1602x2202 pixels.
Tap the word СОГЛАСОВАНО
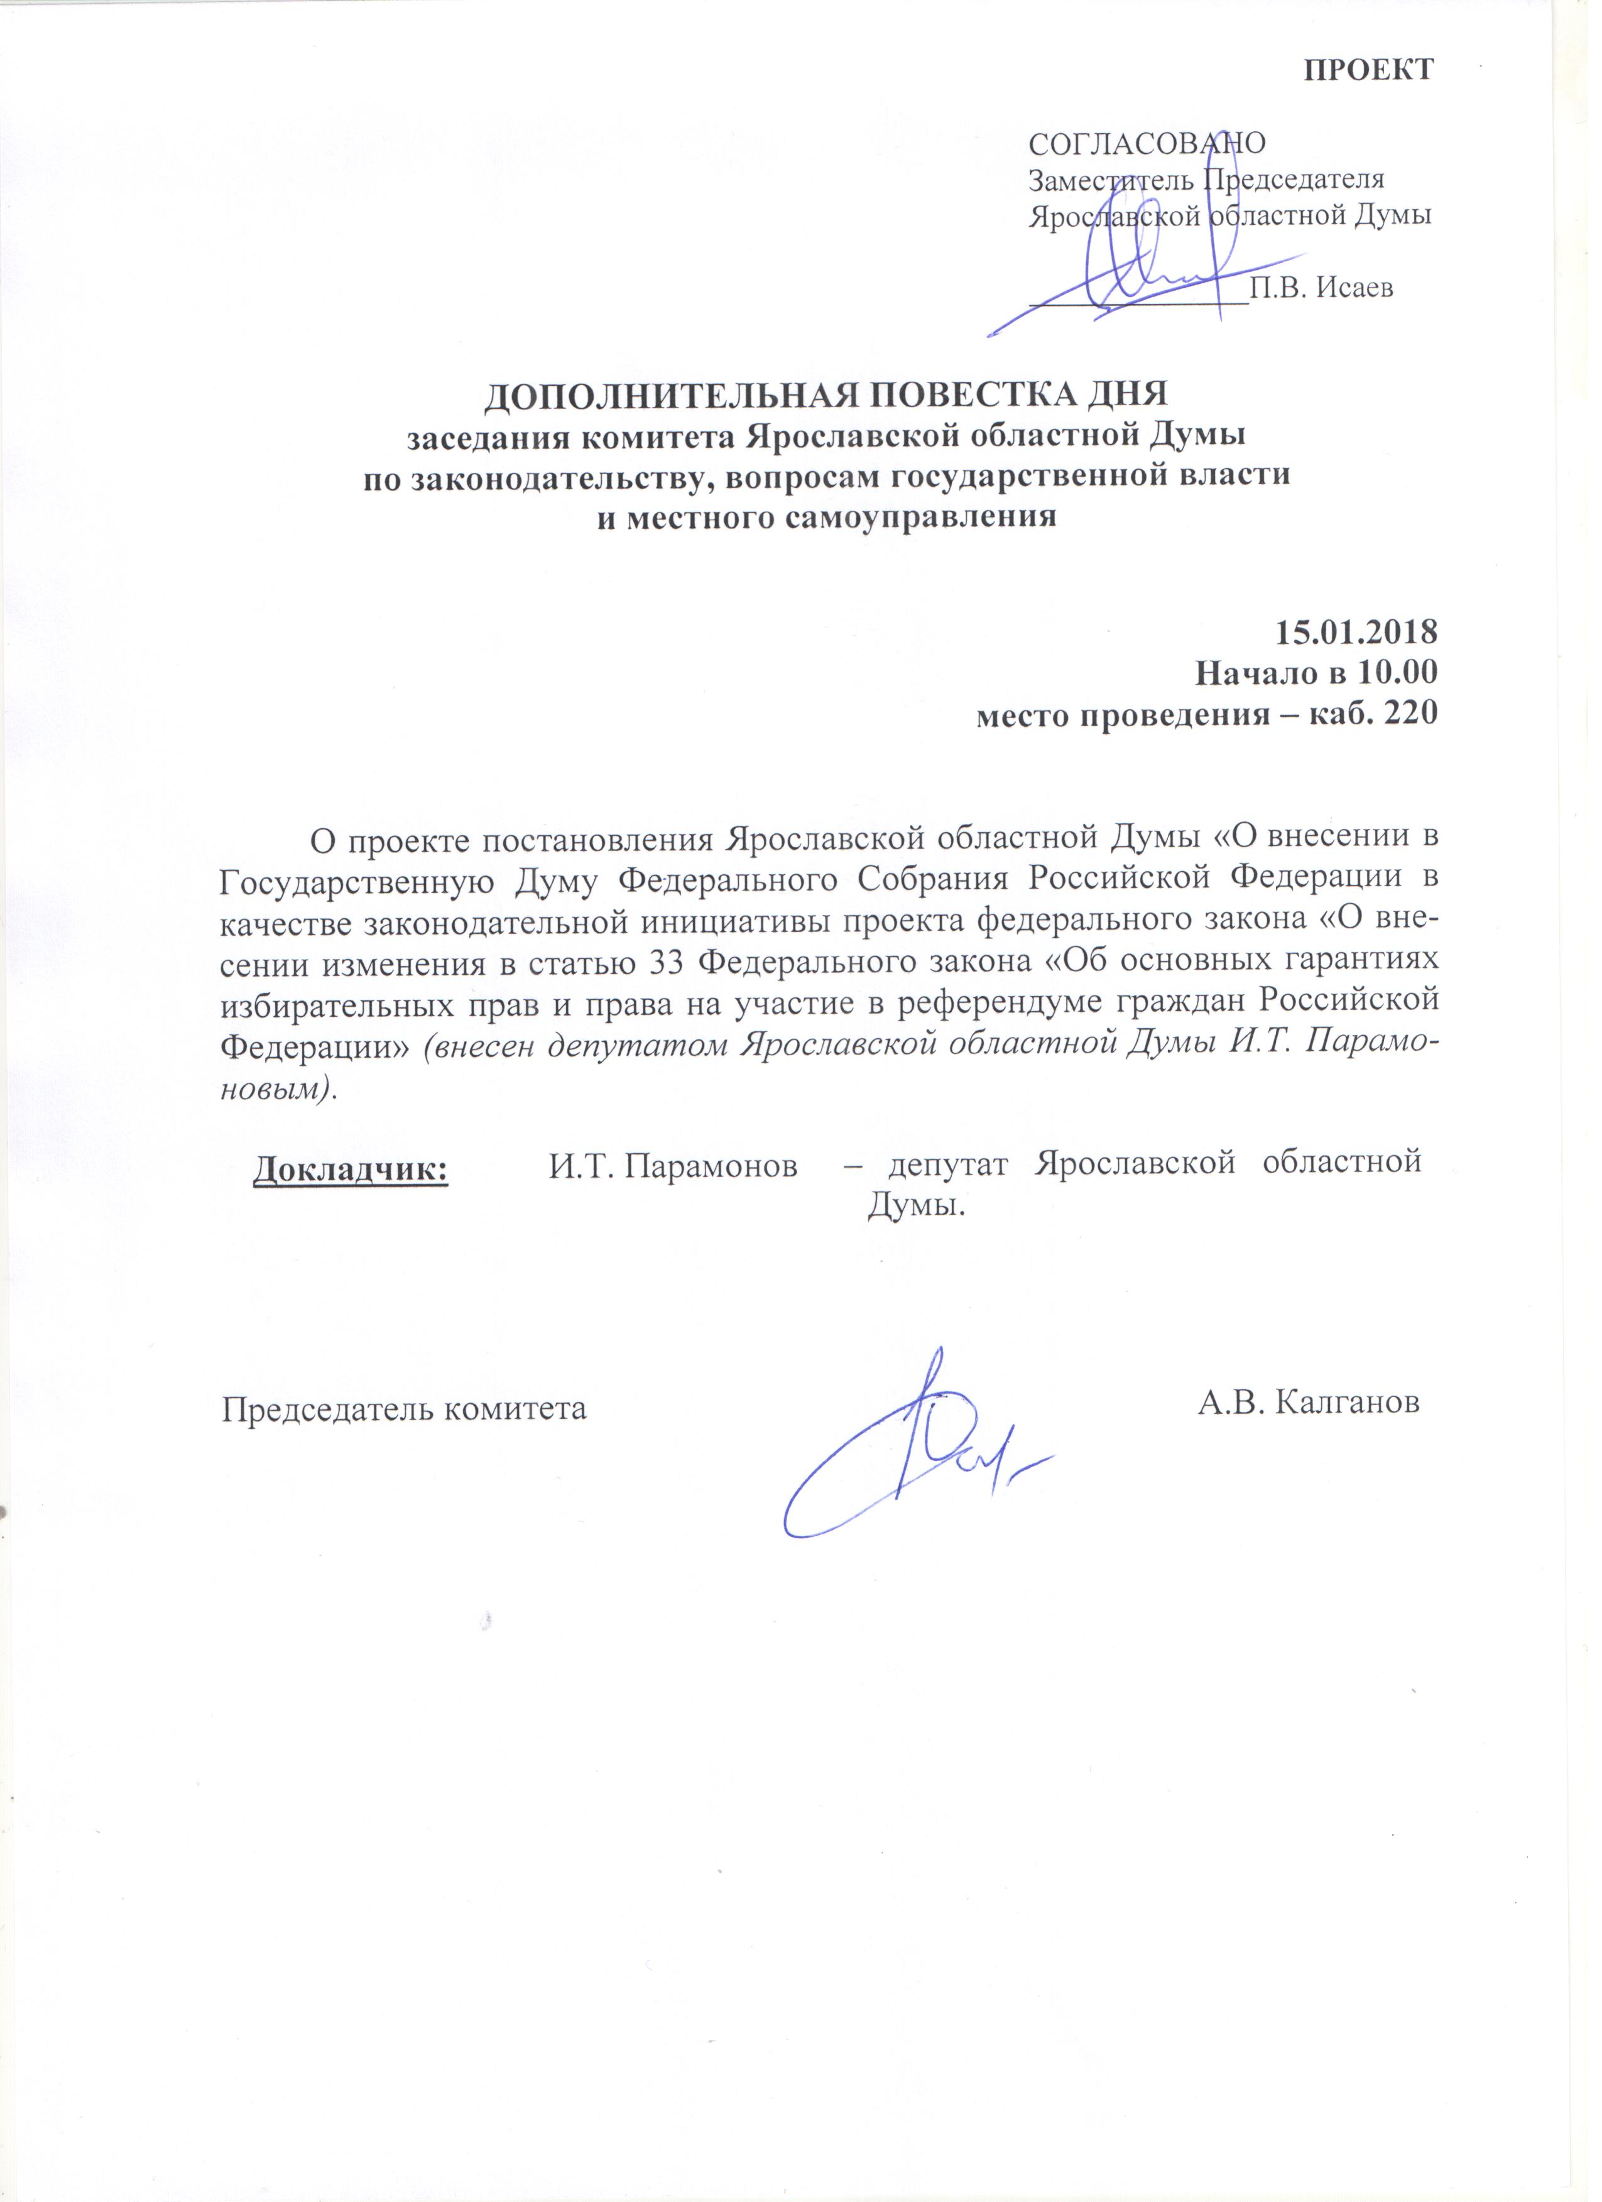1148,144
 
